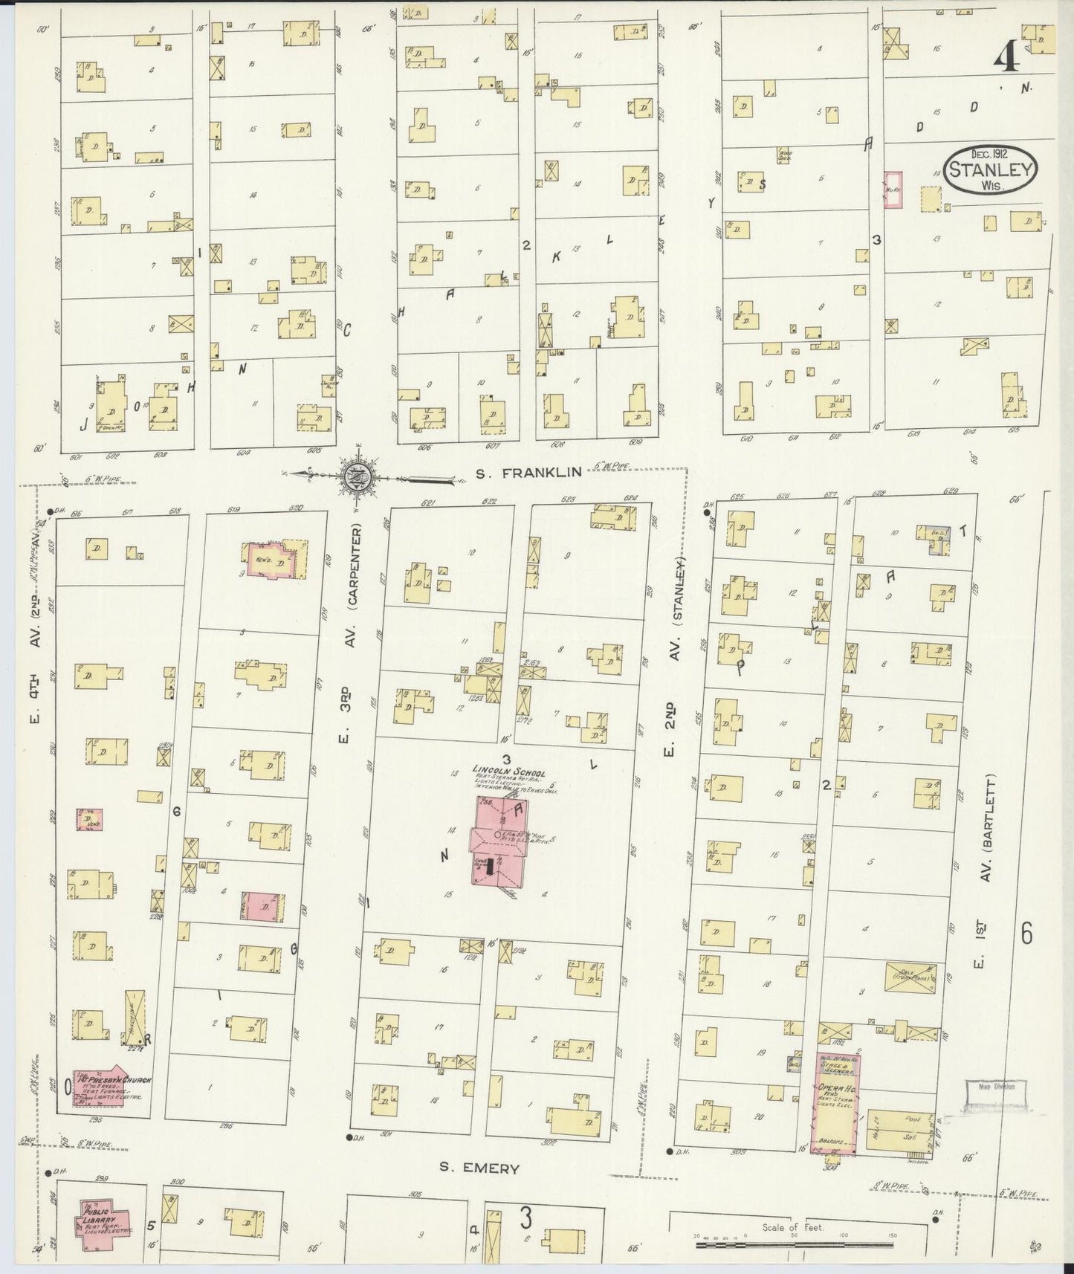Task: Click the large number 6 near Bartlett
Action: pyautogui.click(x=1026, y=932)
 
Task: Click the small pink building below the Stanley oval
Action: pyautogui.click(x=893, y=190)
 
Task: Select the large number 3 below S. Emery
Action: pyautogui.click(x=525, y=1218)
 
